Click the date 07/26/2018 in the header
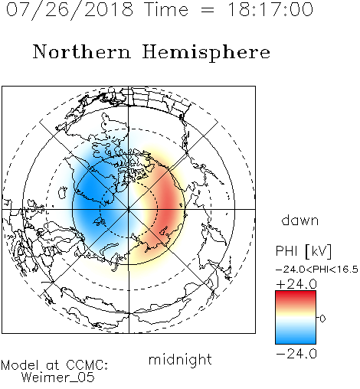[x=70, y=10]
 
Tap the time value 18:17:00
[x=270, y=9]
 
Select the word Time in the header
[x=166, y=9]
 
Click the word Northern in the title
[x=82, y=51]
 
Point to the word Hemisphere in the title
[x=206, y=53]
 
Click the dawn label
[x=300, y=220]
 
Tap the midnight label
[x=180, y=359]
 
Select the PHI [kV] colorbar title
[x=303, y=251]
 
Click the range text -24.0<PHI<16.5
[x=317, y=270]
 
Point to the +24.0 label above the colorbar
[x=296, y=284]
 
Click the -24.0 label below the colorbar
[x=296, y=354]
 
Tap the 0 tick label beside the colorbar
[x=322, y=319]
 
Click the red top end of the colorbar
[x=296, y=294]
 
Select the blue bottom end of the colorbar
[x=296, y=340]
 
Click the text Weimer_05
[x=58, y=377]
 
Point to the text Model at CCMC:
[x=54, y=365]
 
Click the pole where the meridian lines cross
[x=129, y=209]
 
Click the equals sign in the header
[x=208, y=10]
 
